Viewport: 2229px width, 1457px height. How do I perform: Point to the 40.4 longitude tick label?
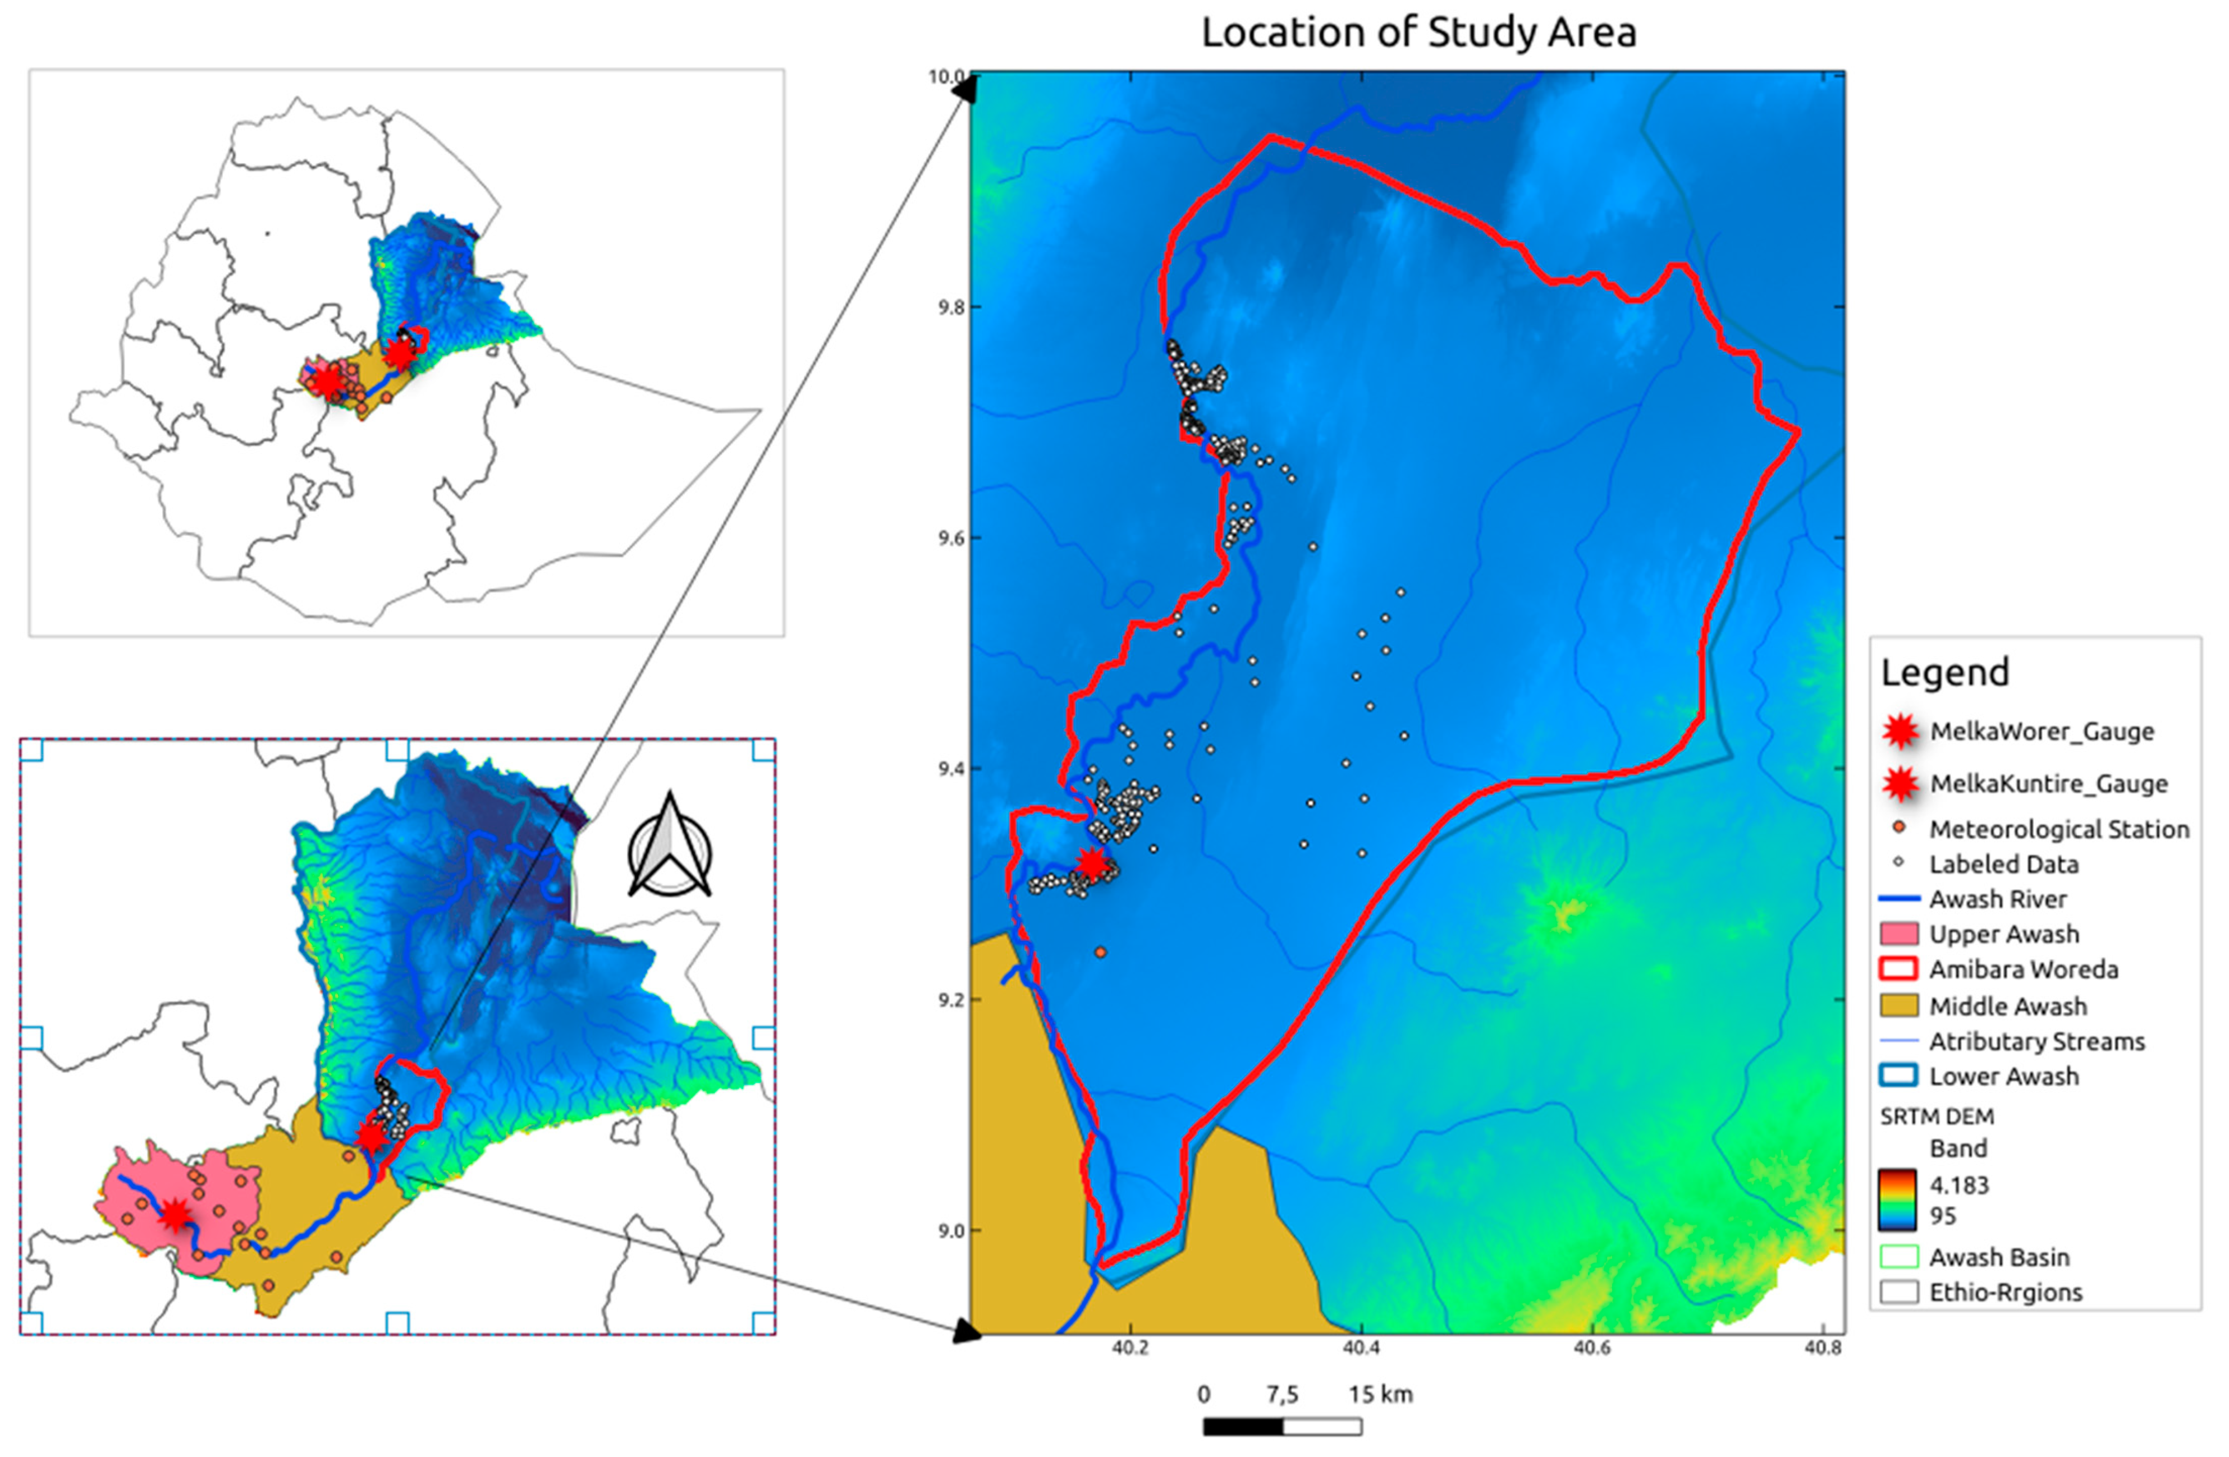[1361, 1348]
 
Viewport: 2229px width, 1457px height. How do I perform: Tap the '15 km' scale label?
[1380, 1394]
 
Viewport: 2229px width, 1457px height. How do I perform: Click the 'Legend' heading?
[1945, 672]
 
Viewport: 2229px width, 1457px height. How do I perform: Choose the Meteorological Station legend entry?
[2058, 829]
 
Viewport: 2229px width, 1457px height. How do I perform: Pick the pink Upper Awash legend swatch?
[1898, 934]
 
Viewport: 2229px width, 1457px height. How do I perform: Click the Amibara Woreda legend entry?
[2023, 969]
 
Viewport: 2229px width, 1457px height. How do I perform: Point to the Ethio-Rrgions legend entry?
[2005, 1292]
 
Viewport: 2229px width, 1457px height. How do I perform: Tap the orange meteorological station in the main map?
[1100, 952]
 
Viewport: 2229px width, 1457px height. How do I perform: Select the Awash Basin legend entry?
[1999, 1257]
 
